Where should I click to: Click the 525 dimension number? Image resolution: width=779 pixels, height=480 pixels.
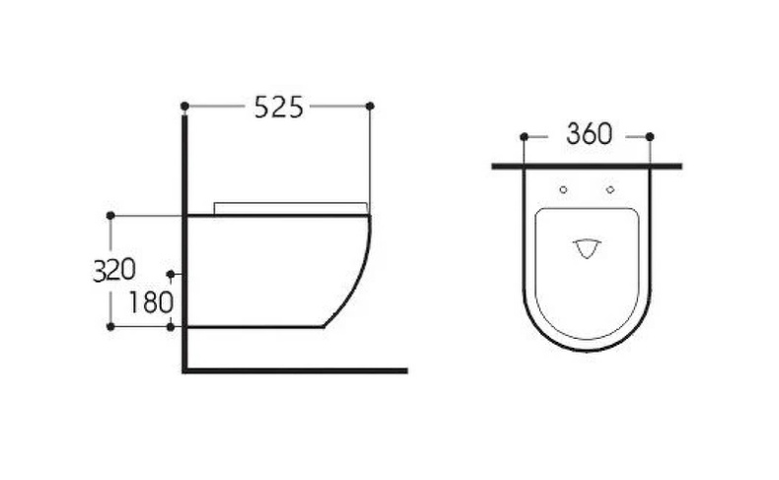pyautogui.click(x=278, y=107)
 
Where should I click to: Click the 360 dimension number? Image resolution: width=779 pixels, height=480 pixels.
pyautogui.click(x=589, y=135)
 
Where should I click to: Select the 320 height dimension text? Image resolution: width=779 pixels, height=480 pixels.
pyautogui.click(x=114, y=270)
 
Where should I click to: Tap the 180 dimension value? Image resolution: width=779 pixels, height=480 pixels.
pyautogui.click(x=150, y=302)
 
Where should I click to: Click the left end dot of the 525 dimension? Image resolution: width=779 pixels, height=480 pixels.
pyautogui.click(x=184, y=105)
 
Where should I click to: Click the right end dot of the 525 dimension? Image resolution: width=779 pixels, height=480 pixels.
pyautogui.click(x=370, y=105)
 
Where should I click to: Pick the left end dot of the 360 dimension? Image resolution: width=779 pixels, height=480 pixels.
pyautogui.click(x=524, y=136)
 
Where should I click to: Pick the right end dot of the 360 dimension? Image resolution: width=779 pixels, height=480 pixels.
pyautogui.click(x=649, y=136)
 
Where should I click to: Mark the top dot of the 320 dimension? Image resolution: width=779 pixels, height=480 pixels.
pyautogui.click(x=110, y=214)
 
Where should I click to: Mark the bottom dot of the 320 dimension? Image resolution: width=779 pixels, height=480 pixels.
pyautogui.click(x=110, y=326)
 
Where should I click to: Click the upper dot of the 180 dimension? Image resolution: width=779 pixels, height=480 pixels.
pyautogui.click(x=171, y=274)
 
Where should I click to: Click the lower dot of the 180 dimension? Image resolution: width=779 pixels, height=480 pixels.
pyautogui.click(x=171, y=326)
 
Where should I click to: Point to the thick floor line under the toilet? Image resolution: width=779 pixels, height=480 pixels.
pyautogui.click(x=296, y=370)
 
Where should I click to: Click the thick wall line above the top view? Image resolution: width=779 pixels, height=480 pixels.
pyautogui.click(x=587, y=166)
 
